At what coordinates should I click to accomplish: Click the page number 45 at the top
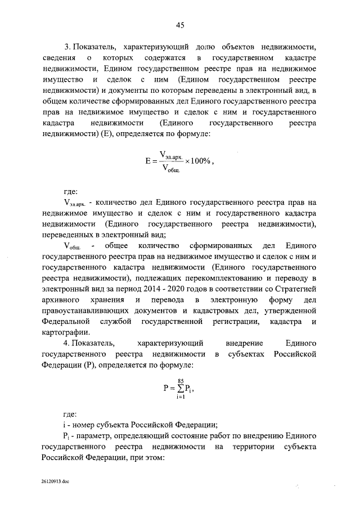tap(180, 25)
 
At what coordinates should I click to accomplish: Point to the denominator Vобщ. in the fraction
tap(170, 168)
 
